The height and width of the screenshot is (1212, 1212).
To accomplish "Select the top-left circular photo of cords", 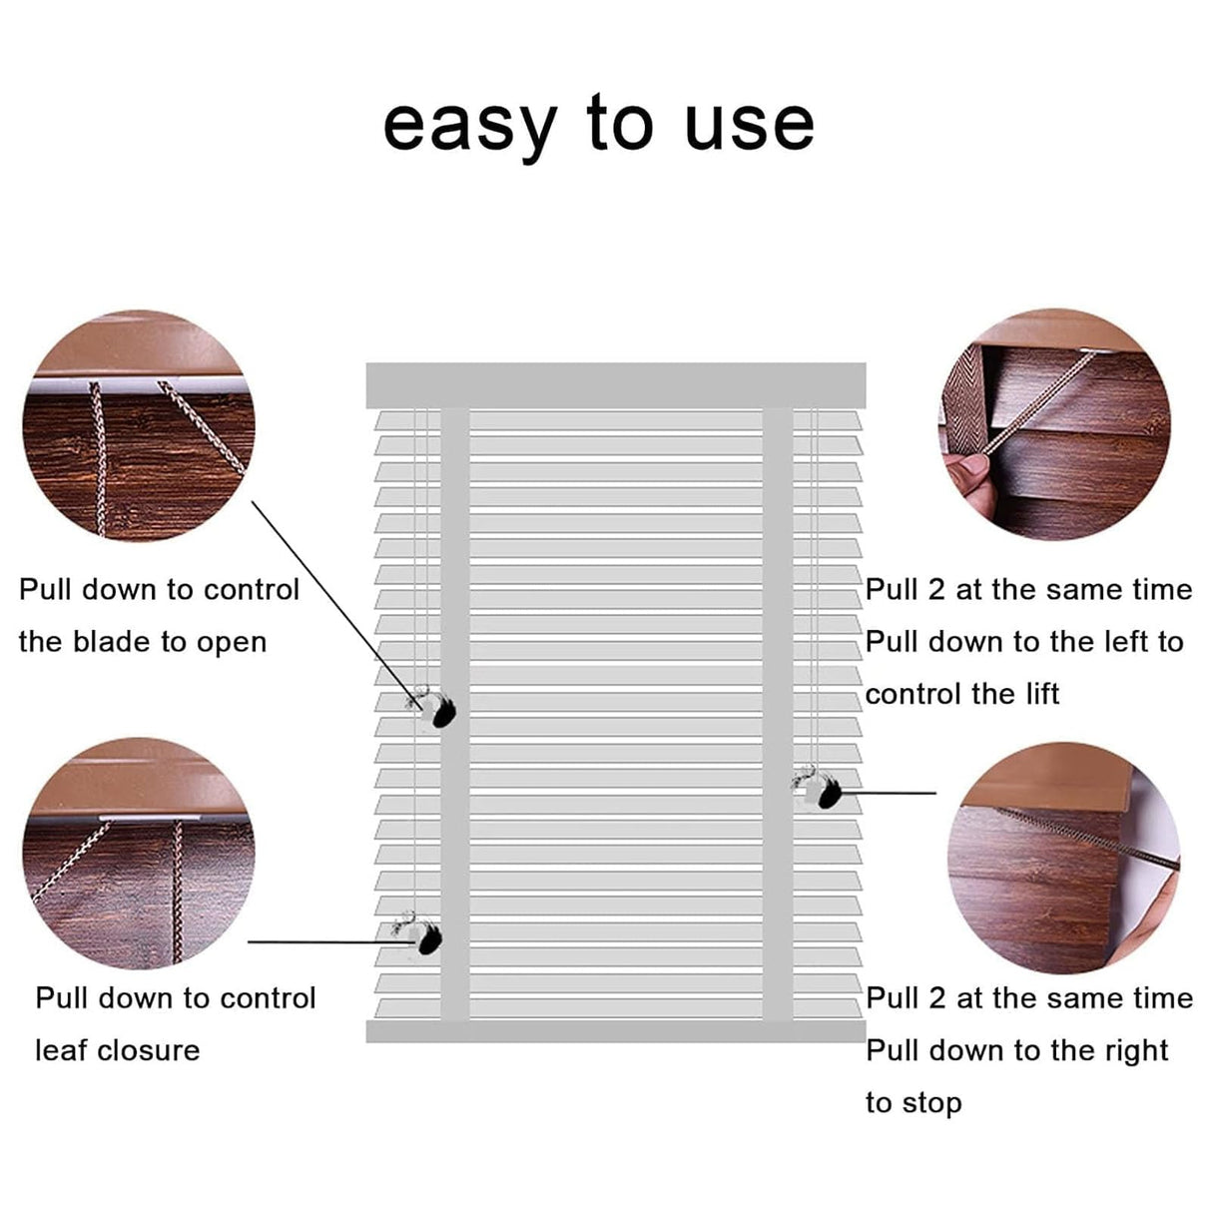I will pyautogui.click(x=139, y=425).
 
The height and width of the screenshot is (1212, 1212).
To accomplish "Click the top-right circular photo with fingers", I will pyautogui.click(x=1054, y=424).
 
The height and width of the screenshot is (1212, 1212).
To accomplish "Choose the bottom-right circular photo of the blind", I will pyautogui.click(x=1064, y=858).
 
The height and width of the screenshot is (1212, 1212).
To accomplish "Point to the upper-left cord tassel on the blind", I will pyautogui.click(x=436, y=709).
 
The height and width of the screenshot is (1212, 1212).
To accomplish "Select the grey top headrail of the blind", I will pyautogui.click(x=615, y=384).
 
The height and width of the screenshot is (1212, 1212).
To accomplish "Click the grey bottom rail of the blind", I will pyautogui.click(x=615, y=1031).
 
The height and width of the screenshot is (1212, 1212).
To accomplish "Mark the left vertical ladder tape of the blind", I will pyautogui.click(x=454, y=714).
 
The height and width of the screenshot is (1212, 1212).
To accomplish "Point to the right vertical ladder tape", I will pyautogui.click(x=778, y=714).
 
